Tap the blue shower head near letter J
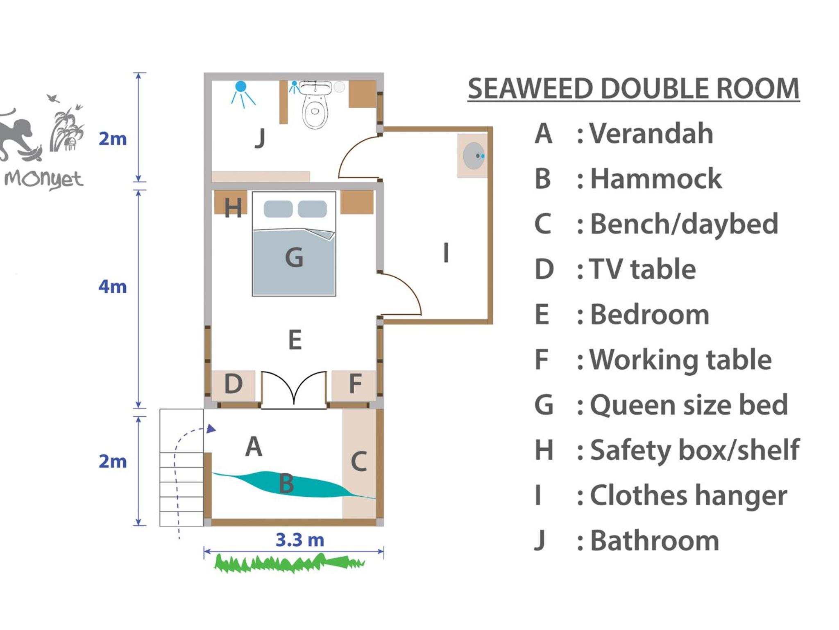241,87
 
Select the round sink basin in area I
474,156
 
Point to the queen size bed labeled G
294,244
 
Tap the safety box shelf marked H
231,202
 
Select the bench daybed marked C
359,464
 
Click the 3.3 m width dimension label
300,540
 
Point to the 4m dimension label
113,286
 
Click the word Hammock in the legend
655,179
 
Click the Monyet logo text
44,180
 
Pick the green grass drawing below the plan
290,563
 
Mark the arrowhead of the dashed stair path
211,429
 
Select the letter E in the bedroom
295,340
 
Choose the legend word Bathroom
655,541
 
